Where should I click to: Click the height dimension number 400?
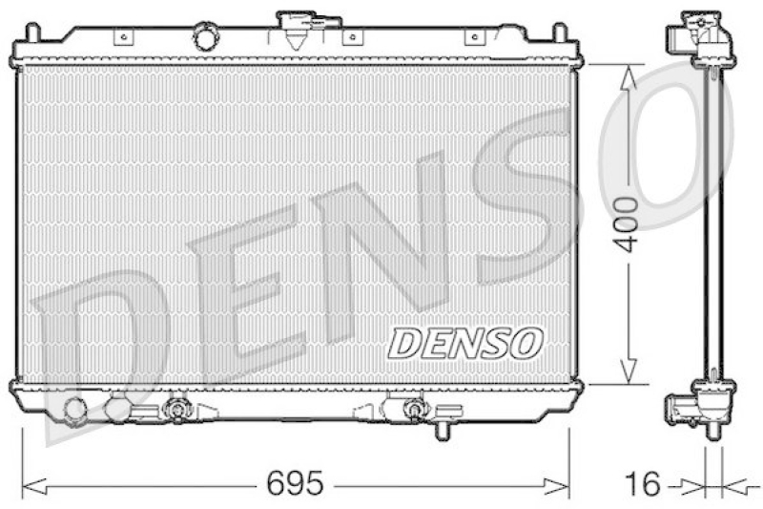tap(626, 223)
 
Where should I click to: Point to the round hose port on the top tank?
tap(205, 38)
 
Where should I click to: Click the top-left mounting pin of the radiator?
tap(31, 33)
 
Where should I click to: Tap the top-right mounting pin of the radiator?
tap(558, 33)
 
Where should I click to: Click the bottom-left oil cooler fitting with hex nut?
tap(175, 412)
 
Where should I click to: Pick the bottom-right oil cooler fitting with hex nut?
tap(412, 411)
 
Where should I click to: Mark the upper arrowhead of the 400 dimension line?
tap(627, 74)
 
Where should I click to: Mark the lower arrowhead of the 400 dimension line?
tap(627, 373)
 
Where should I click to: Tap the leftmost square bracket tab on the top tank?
tap(121, 37)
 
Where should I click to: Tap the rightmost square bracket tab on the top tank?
tap(470, 37)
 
